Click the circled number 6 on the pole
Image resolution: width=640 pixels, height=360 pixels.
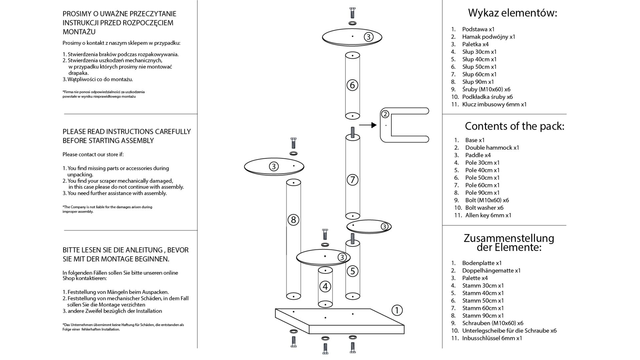tap(352, 85)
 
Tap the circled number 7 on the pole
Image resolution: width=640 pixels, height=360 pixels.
tap(352, 180)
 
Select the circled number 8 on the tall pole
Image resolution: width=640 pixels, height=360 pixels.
tap(293, 220)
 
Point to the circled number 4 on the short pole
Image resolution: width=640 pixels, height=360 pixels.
tap(325, 286)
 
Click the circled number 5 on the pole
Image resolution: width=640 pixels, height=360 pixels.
tap(352, 271)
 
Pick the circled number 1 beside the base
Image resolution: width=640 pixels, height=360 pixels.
tap(397, 310)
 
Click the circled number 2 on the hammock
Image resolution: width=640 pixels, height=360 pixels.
tap(385, 114)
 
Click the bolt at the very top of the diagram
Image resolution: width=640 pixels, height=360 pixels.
tap(352, 13)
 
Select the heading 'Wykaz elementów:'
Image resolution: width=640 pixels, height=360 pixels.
tap(512, 13)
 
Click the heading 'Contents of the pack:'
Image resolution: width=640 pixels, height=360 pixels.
tap(514, 126)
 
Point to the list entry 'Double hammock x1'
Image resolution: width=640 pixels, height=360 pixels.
tap(492, 148)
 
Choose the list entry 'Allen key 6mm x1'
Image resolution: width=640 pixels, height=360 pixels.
tap(488, 215)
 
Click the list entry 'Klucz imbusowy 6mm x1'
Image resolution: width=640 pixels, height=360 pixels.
tap(494, 104)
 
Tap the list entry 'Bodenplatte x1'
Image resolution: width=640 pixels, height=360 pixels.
tap(482, 263)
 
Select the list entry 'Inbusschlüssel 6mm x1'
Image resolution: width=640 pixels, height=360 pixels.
tap(492, 338)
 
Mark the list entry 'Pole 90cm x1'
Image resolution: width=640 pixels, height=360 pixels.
tap(482, 193)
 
